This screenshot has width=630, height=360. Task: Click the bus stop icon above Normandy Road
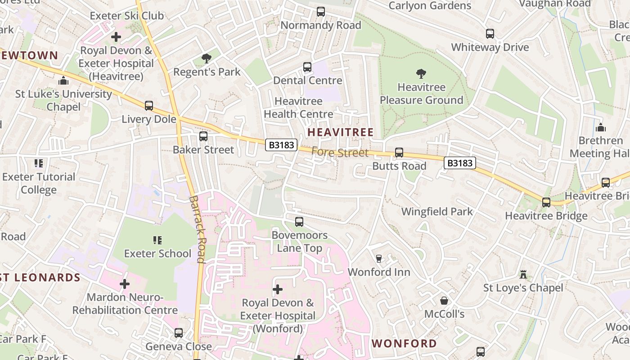(320, 12)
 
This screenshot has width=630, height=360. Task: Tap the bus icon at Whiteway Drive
(490, 34)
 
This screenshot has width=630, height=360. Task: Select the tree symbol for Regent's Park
(207, 58)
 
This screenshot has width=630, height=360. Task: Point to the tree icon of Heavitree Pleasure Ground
(421, 73)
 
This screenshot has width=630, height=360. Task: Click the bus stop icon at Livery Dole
(149, 106)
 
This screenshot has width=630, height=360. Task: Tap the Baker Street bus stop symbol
(203, 136)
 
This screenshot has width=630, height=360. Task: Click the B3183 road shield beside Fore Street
(282, 145)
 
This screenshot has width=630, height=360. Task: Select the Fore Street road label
(340, 153)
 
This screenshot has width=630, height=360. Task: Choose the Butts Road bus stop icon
(399, 153)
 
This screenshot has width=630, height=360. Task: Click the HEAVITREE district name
(340, 132)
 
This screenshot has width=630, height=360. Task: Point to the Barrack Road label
(197, 229)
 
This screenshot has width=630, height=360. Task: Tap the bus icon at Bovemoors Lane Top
(299, 222)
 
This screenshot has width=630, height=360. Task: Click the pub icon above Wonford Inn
(378, 259)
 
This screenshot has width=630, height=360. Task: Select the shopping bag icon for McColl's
(444, 300)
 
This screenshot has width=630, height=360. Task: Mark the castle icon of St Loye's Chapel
(523, 274)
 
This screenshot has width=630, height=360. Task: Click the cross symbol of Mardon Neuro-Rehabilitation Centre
(125, 284)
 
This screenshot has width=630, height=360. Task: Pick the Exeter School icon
(157, 240)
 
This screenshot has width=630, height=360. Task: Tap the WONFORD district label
(404, 343)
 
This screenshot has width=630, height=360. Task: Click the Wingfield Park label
(437, 211)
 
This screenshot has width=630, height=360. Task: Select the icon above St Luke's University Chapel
(63, 81)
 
